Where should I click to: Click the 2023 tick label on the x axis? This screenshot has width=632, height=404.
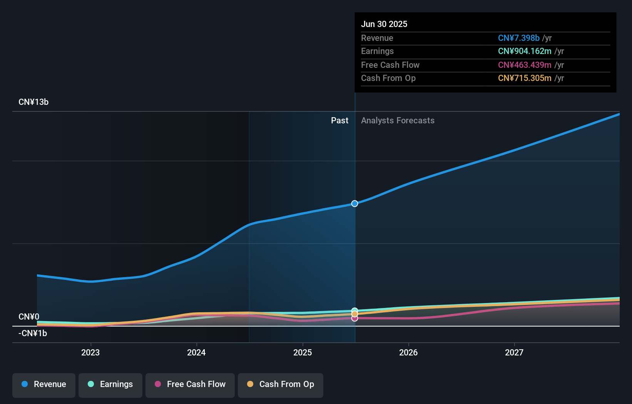[90, 352]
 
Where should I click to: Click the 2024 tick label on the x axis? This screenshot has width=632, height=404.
[196, 352]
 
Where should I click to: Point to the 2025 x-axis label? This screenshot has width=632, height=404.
[303, 352]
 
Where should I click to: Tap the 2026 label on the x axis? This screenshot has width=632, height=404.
[408, 352]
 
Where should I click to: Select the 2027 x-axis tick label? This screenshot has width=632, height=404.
[514, 352]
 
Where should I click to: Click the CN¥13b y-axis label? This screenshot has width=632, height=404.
[33, 102]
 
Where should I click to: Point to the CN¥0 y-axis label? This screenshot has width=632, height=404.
[29, 317]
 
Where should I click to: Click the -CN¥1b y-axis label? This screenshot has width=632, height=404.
[33, 333]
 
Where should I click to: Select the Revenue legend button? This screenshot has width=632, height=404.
[44, 384]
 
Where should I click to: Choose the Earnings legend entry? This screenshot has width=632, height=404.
[110, 384]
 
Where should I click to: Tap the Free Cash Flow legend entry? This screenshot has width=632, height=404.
[190, 384]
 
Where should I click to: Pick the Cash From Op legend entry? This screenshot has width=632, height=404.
[281, 384]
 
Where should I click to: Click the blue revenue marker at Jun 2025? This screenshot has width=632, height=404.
[354, 204]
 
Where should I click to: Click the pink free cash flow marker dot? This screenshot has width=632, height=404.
[354, 318]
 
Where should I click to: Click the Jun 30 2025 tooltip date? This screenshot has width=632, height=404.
[384, 24]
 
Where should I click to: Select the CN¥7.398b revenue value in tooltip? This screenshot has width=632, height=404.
[518, 38]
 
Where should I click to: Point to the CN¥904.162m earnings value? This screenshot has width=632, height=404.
[524, 51]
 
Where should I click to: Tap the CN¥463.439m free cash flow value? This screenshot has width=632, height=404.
[524, 65]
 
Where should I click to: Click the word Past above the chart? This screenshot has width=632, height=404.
[339, 121]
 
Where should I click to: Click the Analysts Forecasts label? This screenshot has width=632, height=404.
[398, 121]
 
